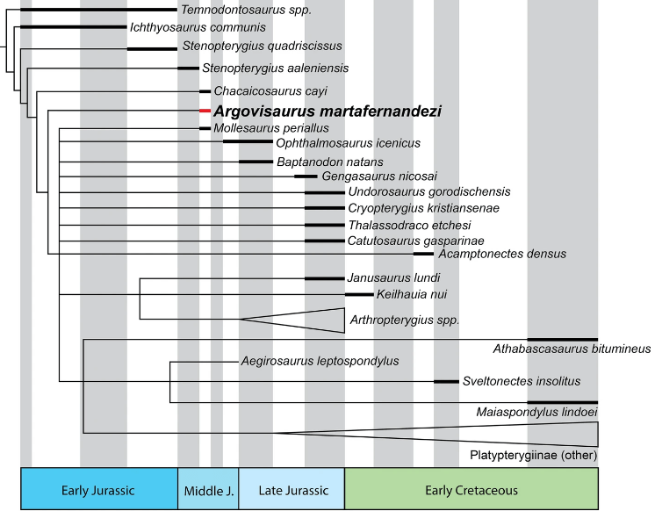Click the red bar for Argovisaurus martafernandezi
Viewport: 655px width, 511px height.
(x=205, y=112)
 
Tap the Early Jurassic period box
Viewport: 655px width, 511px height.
(x=98, y=489)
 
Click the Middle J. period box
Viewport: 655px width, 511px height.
(x=208, y=489)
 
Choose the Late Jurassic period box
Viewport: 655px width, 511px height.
(x=292, y=489)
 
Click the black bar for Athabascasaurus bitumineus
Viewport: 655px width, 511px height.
(x=562, y=339)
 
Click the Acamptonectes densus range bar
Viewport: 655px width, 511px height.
(x=423, y=254)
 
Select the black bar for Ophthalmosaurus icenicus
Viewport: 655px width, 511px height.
(x=248, y=140)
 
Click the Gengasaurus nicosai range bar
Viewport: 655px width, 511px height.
(x=306, y=176)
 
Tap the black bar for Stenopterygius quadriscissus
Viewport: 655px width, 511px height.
(x=152, y=49)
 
